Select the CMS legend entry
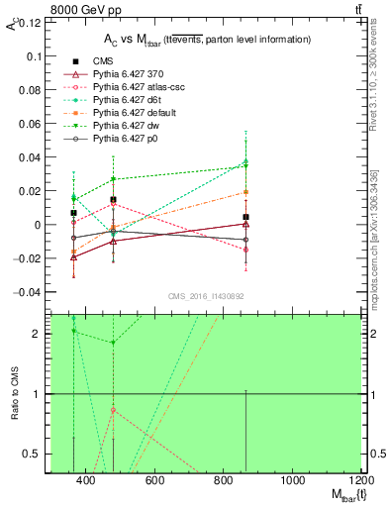pyautogui.click(x=103, y=60)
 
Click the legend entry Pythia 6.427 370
pyautogui.click(x=133, y=73)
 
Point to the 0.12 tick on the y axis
pyautogui.click(x=29, y=23)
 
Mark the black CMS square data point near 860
pyautogui.click(x=245, y=217)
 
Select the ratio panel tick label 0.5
pyautogui.click(x=31, y=454)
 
